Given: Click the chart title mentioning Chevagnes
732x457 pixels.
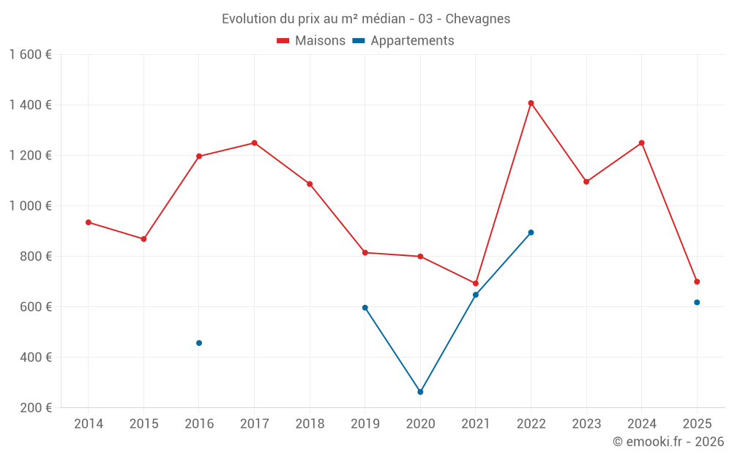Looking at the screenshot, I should click(366, 18).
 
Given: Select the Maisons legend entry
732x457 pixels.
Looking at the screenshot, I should click(311, 41).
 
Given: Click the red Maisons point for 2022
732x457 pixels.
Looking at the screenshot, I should click(531, 103).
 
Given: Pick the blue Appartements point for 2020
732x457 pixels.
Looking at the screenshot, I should click(420, 392).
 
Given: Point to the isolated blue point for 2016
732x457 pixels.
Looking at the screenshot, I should click(199, 343).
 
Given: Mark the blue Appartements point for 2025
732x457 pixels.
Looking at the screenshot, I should click(697, 302).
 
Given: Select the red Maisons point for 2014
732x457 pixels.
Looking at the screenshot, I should click(89, 222).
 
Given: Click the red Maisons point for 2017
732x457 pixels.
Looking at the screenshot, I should click(254, 143).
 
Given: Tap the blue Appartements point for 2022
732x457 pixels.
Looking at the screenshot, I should click(531, 233).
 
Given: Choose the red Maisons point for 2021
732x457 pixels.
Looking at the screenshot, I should click(476, 284).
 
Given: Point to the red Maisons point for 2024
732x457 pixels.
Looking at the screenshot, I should click(641, 143).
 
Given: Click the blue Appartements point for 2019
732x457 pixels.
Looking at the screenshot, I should click(365, 308).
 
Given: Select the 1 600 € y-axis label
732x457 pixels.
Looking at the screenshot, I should click(30, 55).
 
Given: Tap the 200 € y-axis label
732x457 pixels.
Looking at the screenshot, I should click(36, 408).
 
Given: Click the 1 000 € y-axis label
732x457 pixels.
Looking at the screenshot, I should click(30, 206).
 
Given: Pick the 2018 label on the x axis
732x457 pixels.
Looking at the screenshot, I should click(310, 424).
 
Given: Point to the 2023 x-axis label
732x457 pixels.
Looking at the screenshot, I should click(586, 424).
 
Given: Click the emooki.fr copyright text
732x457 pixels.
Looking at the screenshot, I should click(668, 442).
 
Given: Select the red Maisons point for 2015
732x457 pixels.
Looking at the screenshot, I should click(143, 239).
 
